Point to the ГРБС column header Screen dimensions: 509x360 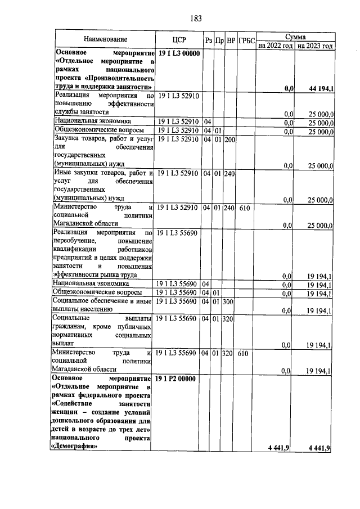(246, 40)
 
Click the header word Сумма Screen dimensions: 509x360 (295, 35)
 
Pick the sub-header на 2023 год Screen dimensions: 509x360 (315, 45)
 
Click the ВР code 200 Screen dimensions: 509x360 (229, 139)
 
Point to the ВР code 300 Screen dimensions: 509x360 (229, 302)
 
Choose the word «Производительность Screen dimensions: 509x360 (118, 79)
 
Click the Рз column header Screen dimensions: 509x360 (208, 40)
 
